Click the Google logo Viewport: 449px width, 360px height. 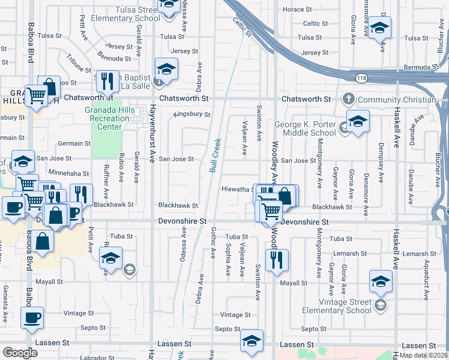click(x=20, y=353)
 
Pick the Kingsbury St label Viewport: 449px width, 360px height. click(x=191, y=114)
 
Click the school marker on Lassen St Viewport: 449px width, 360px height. click(x=252, y=341)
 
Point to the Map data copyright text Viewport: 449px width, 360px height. click(x=424, y=355)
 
